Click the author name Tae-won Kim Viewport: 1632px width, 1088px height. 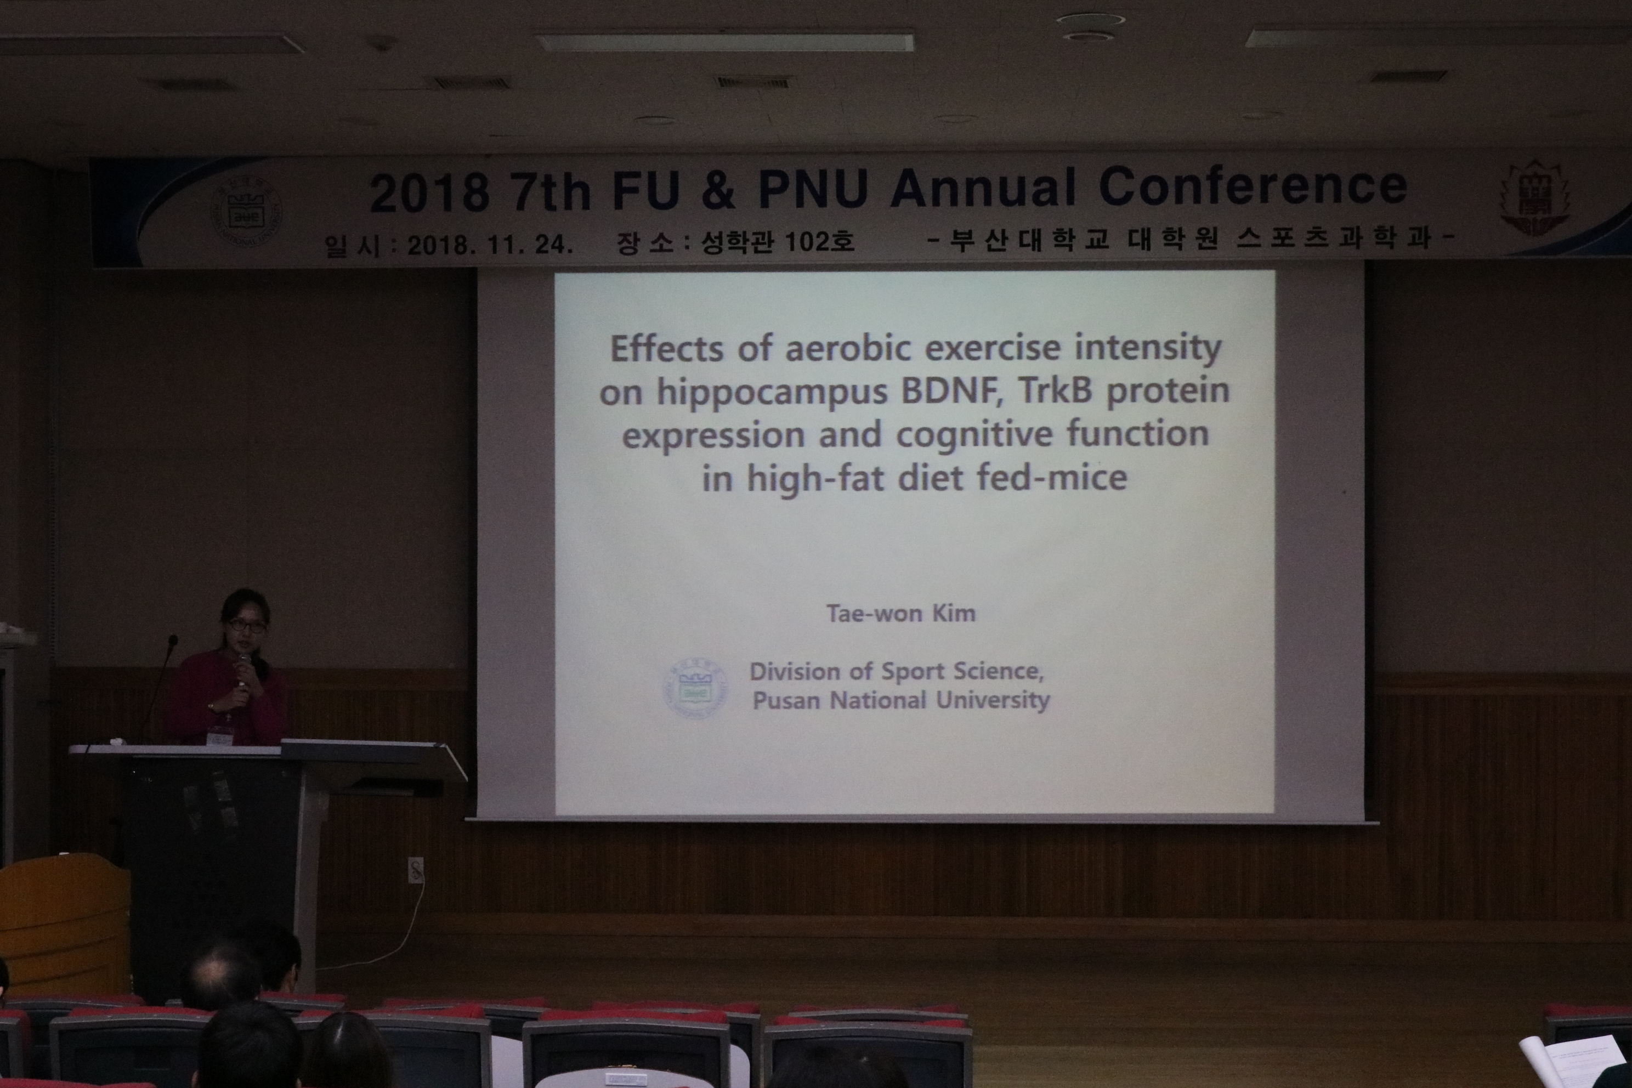point(900,614)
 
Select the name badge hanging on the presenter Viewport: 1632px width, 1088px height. point(222,733)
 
